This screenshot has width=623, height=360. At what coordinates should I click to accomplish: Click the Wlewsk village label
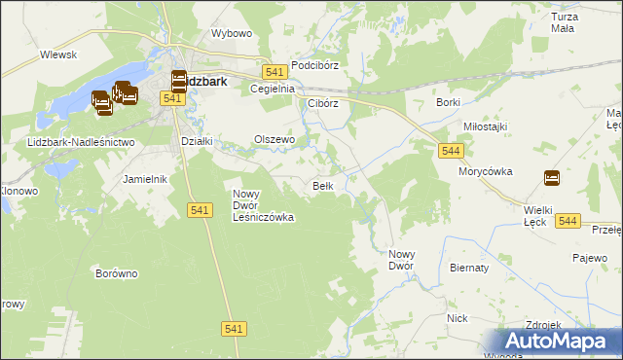pyautogui.click(x=58, y=55)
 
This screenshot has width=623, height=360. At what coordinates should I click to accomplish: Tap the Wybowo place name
pyautogui.click(x=232, y=33)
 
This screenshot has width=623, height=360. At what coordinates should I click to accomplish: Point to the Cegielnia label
pyautogui.click(x=272, y=89)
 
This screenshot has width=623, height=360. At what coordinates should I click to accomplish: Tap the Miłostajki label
pyautogui.click(x=486, y=126)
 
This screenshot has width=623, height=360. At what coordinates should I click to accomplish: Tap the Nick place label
pyautogui.click(x=458, y=318)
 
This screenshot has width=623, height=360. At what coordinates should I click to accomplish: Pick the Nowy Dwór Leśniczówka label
pyautogui.click(x=263, y=205)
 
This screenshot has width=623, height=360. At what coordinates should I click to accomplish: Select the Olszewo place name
pyautogui.click(x=275, y=139)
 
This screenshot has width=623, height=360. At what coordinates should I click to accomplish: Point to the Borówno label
pyautogui.click(x=116, y=273)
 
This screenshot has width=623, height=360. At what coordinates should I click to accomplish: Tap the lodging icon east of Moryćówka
pyautogui.click(x=552, y=177)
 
